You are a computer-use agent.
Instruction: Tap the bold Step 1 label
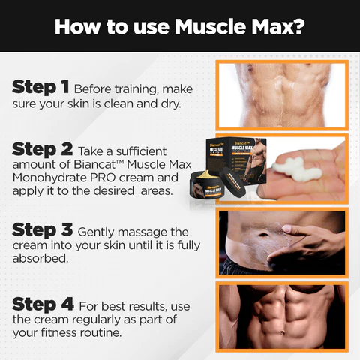(x=40, y=88)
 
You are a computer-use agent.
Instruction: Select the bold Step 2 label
(x=43, y=150)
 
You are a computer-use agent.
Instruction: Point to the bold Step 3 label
(x=43, y=230)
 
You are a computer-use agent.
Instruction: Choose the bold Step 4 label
(x=43, y=304)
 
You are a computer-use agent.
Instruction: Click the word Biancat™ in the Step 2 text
(x=98, y=165)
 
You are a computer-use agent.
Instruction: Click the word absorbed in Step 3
(x=40, y=258)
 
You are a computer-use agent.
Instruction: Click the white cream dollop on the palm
(x=297, y=169)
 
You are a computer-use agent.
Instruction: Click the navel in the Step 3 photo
(x=263, y=235)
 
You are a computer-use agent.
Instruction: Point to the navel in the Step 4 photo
(x=283, y=333)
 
